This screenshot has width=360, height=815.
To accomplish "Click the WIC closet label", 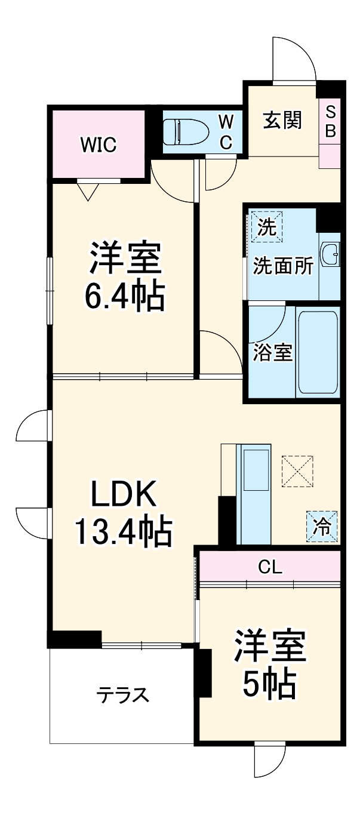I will point(99,144).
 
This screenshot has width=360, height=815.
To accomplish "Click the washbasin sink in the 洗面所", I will point(330,256).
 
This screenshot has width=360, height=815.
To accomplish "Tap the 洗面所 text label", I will point(283,266).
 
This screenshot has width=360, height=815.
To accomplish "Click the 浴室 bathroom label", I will point(272,353).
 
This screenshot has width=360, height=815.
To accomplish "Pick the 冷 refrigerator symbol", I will point(322,527).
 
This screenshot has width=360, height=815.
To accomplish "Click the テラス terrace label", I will point(123,696).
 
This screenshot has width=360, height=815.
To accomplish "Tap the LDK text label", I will point(124,494).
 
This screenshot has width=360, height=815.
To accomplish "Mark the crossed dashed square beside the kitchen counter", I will point(297,470).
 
